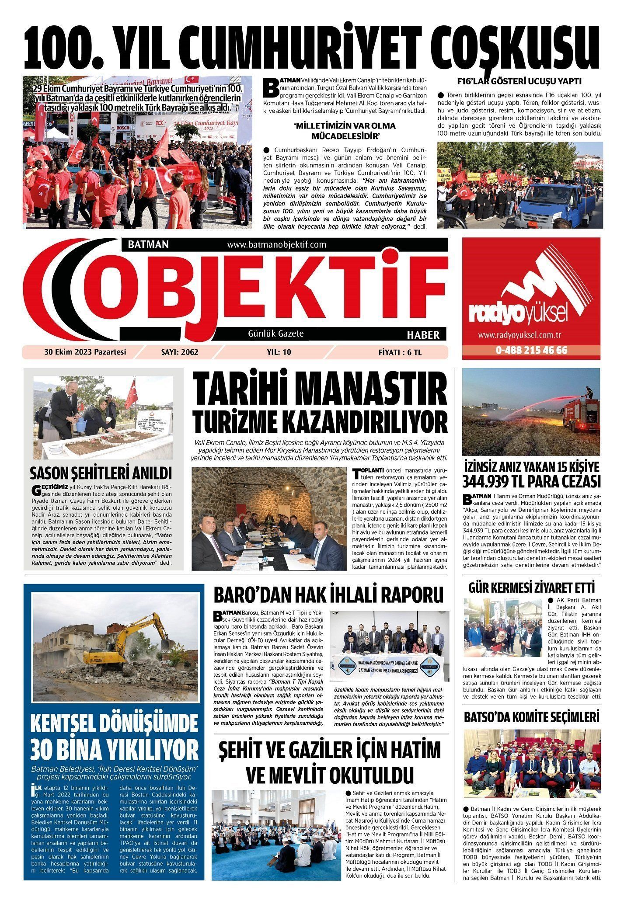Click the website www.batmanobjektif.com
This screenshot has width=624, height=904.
(x=277, y=245)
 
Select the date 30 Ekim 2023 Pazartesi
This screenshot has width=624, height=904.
(x=85, y=352)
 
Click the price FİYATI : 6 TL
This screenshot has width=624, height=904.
(x=400, y=352)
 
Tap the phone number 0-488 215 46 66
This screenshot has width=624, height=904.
(x=531, y=351)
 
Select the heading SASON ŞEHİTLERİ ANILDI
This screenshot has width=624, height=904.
(x=101, y=474)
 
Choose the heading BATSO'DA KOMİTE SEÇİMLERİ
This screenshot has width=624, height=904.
(x=532, y=717)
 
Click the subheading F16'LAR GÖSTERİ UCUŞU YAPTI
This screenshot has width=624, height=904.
(x=519, y=81)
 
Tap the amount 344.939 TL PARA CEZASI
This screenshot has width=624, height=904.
(x=532, y=482)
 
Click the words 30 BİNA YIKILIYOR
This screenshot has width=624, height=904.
(x=115, y=750)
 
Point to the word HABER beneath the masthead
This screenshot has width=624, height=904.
(x=423, y=335)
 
